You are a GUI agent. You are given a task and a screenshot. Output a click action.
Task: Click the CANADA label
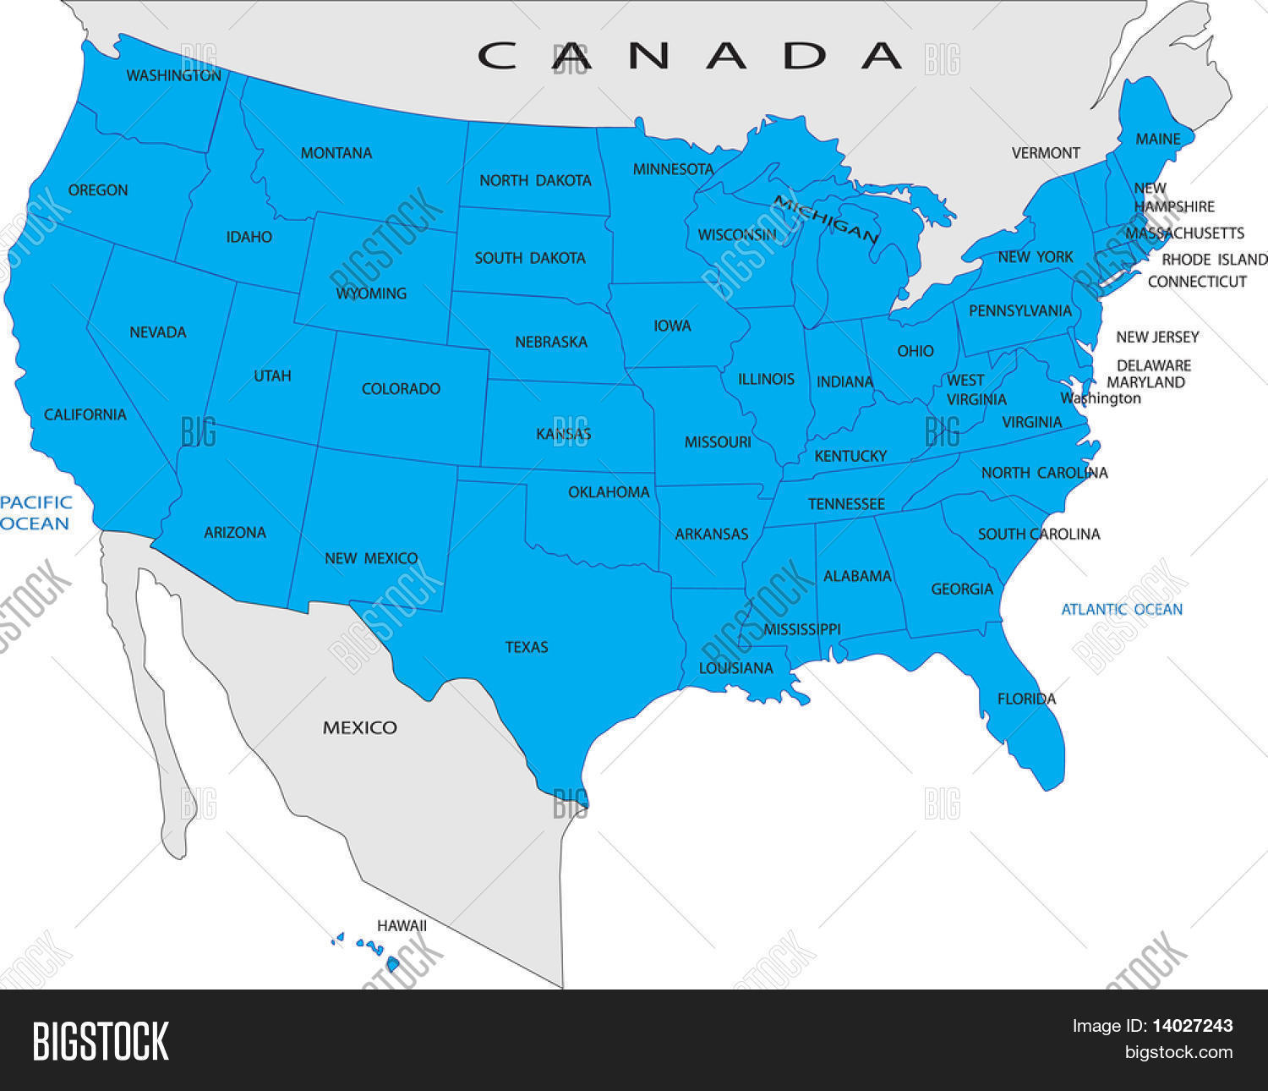tap(689, 56)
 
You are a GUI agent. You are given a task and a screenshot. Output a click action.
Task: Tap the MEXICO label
tap(359, 727)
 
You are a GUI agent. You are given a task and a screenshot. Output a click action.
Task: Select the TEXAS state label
tap(527, 647)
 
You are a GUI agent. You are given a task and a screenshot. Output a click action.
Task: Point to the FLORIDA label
tap(1026, 699)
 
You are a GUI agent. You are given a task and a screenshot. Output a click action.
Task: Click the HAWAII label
tap(402, 926)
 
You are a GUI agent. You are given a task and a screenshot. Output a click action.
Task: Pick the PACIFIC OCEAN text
tap(36, 513)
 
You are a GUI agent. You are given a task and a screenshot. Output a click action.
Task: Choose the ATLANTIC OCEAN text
tap(1122, 609)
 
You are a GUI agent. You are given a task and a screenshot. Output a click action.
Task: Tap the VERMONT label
tap(1046, 153)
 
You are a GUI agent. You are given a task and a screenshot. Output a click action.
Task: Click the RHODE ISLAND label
tap(1214, 260)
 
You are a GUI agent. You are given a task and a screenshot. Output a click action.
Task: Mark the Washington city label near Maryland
tap(1101, 398)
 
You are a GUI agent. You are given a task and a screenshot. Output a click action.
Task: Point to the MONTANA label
tap(336, 153)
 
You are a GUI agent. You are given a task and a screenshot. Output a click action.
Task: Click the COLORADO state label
tap(401, 389)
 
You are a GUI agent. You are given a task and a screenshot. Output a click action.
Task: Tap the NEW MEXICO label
tap(371, 558)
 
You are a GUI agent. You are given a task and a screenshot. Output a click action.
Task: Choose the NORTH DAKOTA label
tap(535, 180)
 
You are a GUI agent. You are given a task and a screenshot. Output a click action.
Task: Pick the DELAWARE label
tap(1153, 365)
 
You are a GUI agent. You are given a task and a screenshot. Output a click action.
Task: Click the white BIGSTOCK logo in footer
tap(101, 1040)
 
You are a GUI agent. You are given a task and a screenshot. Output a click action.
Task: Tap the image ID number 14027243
tap(1192, 1026)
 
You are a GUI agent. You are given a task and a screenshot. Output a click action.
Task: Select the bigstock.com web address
tap(1178, 1053)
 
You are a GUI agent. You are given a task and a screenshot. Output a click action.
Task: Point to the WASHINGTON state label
tap(173, 76)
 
